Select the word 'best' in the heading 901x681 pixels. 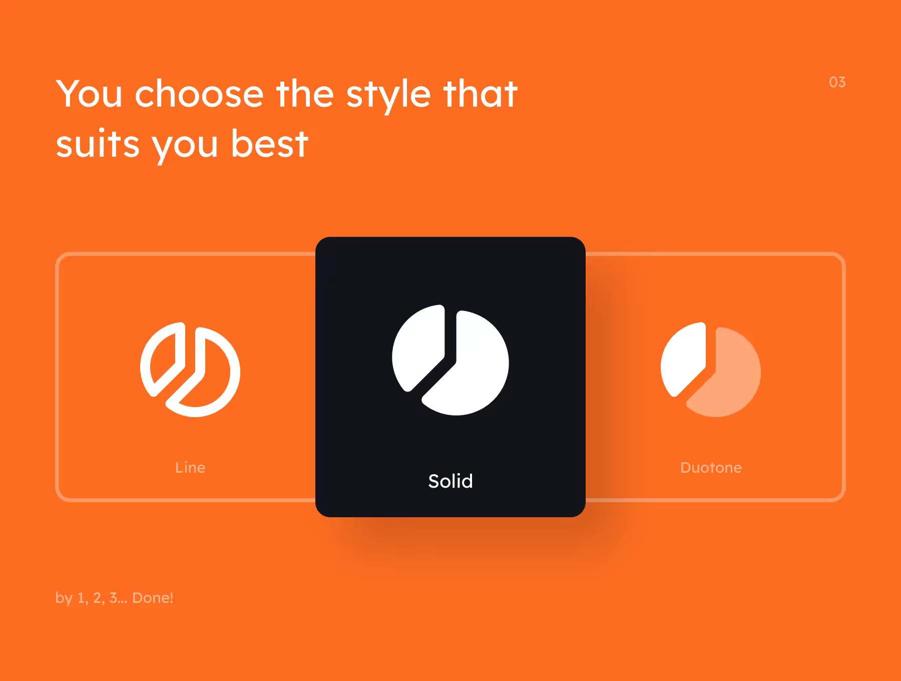[x=269, y=143]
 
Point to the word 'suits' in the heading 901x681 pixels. [x=98, y=144]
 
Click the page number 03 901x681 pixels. [x=837, y=82]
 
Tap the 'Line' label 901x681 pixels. [x=190, y=468]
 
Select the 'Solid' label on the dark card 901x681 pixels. [x=450, y=481]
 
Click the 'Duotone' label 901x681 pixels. [x=711, y=468]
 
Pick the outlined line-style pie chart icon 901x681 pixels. [x=190, y=370]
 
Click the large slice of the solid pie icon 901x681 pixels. [x=473, y=368]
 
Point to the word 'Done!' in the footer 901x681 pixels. [x=153, y=598]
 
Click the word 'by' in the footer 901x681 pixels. [x=64, y=598]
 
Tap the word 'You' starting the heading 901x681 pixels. [x=89, y=94]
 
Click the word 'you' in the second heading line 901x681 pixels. [x=185, y=147]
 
